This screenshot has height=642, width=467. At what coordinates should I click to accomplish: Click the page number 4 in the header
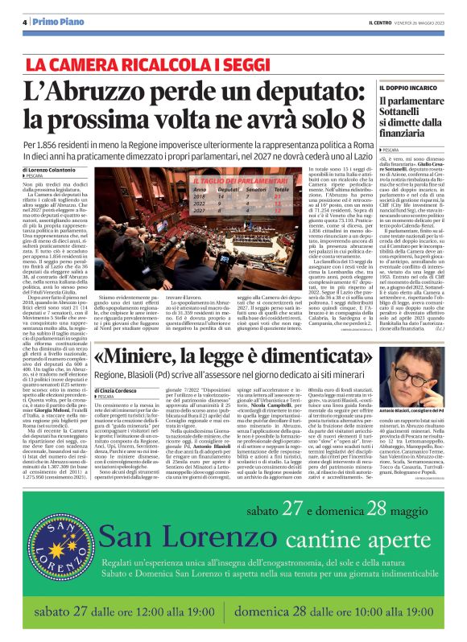[26, 23]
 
